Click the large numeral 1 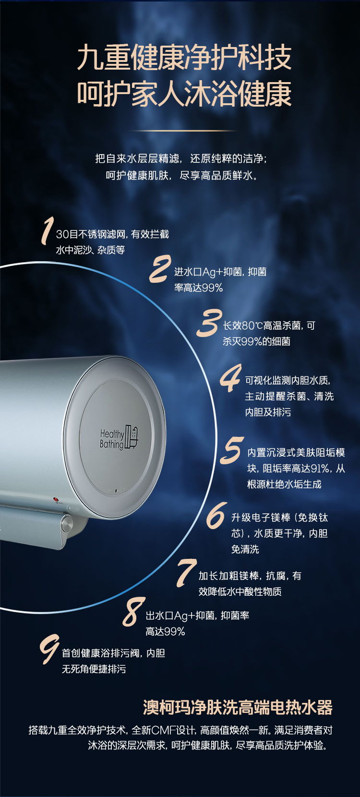[x=47, y=230]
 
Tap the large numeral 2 [x=160, y=269]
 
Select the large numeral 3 [x=209, y=323]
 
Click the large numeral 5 [x=232, y=450]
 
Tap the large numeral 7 [x=186, y=572]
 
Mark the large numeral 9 [x=49, y=649]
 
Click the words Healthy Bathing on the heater [x=111, y=439]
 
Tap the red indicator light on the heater [x=56, y=500]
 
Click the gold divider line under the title [x=182, y=131]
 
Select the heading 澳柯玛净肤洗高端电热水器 [x=238, y=708]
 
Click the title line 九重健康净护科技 [x=184, y=58]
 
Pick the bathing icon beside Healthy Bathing [x=131, y=436]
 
